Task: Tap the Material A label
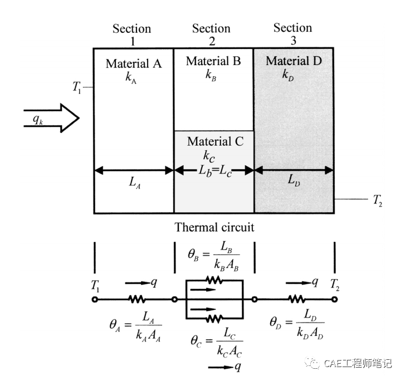pos(134,63)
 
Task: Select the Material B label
pos(213,61)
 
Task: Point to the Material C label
pos(215,142)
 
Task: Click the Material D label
pos(294,61)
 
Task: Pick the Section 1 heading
pos(132,34)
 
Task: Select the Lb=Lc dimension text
pos(214,171)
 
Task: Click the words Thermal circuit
pos(214,227)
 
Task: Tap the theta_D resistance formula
pos(297,323)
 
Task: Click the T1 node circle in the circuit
pos(95,299)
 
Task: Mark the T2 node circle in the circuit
pos(335,299)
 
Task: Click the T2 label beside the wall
pos(377,199)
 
